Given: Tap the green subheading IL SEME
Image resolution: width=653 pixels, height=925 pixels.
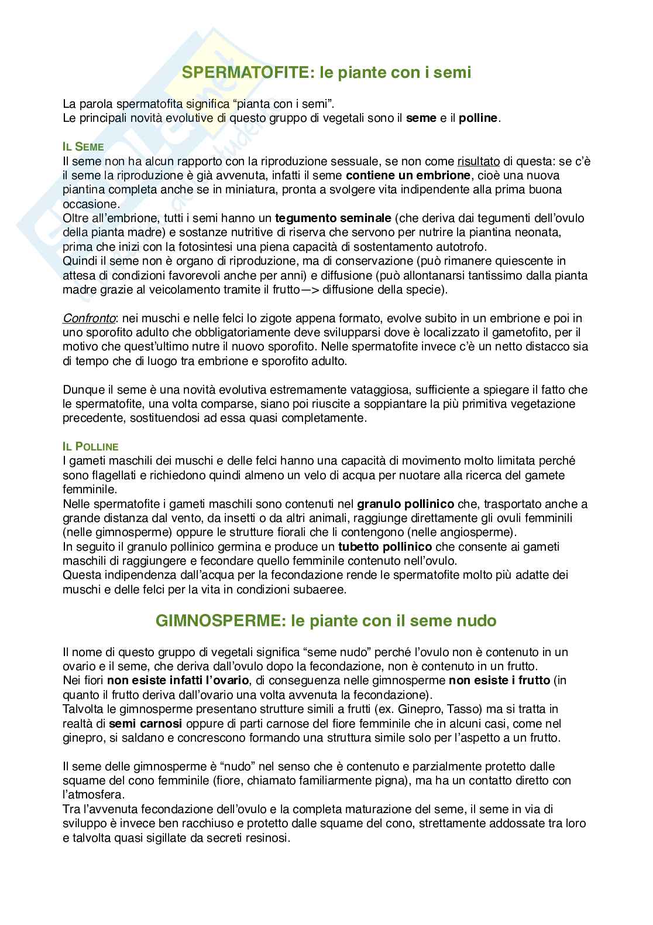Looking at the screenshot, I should [x=83, y=147].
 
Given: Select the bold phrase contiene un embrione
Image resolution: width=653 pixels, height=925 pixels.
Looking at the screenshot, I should [x=408, y=175].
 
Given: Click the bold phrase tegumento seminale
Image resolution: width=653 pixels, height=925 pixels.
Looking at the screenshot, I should [x=333, y=218].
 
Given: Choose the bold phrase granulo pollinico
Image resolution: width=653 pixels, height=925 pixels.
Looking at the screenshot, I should [x=405, y=504].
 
